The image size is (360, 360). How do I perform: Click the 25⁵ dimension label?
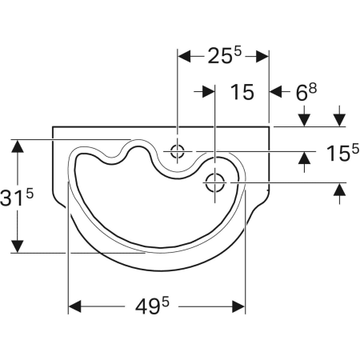[222, 58]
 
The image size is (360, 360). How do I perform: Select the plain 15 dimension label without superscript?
[242, 93]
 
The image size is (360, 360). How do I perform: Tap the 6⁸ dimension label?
[307, 93]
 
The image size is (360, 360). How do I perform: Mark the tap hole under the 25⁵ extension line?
[177, 150]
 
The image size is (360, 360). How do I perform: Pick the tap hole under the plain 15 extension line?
[215, 182]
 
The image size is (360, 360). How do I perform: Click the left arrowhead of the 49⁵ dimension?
[74, 307]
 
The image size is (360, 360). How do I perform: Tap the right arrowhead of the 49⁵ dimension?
[238, 307]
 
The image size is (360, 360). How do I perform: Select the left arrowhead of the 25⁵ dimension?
[183, 57]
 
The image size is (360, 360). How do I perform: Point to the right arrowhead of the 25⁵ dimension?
[261, 57]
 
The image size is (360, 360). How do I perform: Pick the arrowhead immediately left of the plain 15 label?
[210, 92]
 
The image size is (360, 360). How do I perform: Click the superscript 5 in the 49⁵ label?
[173, 301]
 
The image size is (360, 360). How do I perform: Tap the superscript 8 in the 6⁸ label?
[314, 87]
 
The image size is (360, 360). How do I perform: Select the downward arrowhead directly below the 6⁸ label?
[304, 121]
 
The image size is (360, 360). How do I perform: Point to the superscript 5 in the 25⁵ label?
[238, 52]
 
